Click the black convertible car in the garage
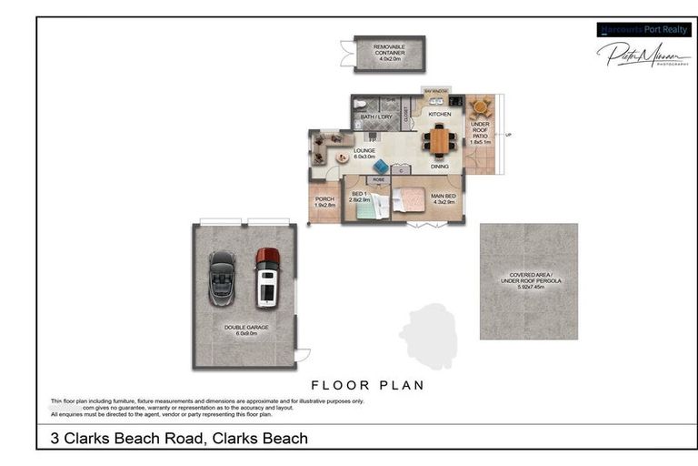(x=222, y=278)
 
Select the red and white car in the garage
(x=267, y=277)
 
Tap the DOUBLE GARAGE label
(x=246, y=329)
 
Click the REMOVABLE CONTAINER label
(x=389, y=50)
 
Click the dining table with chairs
(x=440, y=141)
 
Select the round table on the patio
(x=480, y=107)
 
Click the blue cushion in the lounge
(x=381, y=167)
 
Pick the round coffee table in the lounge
(x=342, y=157)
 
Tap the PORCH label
(x=324, y=202)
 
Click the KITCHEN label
(x=440, y=115)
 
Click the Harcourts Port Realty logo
(x=643, y=29)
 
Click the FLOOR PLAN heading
(x=367, y=385)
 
